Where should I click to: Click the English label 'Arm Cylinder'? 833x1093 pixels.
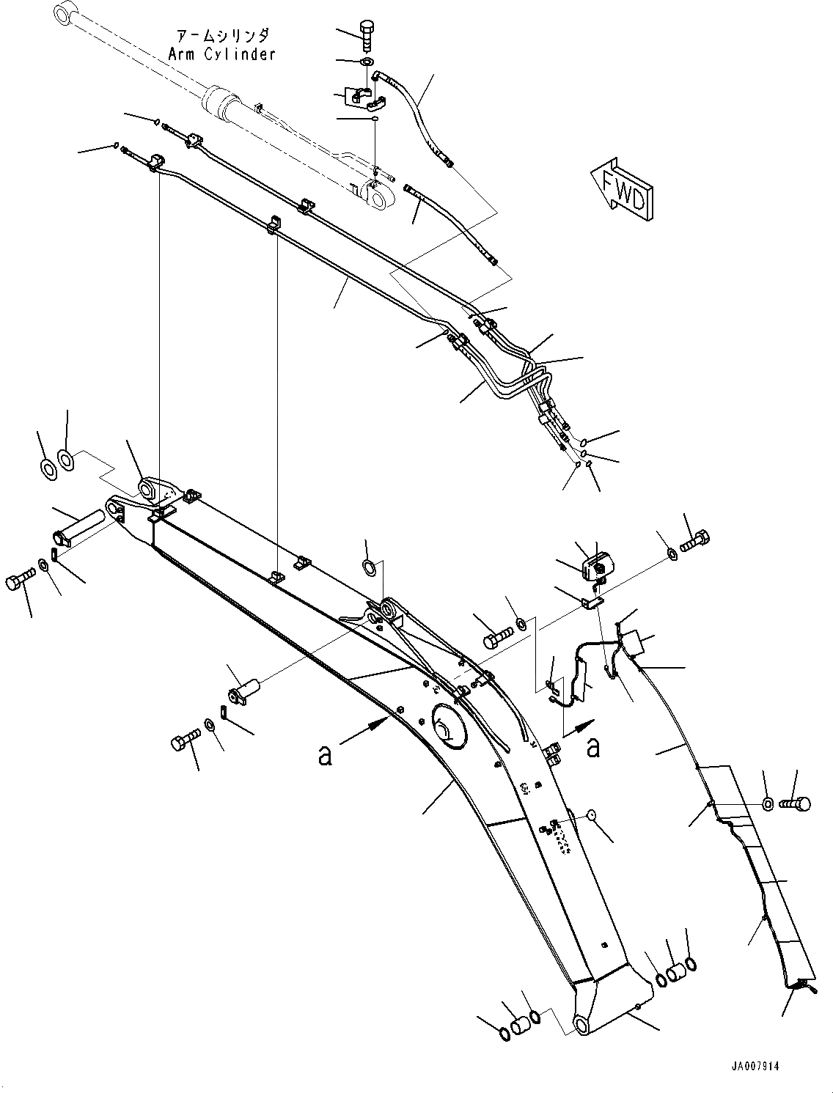click(221, 54)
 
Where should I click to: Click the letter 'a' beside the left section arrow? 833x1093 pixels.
click(324, 754)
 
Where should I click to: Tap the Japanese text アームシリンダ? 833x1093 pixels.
click(222, 36)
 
